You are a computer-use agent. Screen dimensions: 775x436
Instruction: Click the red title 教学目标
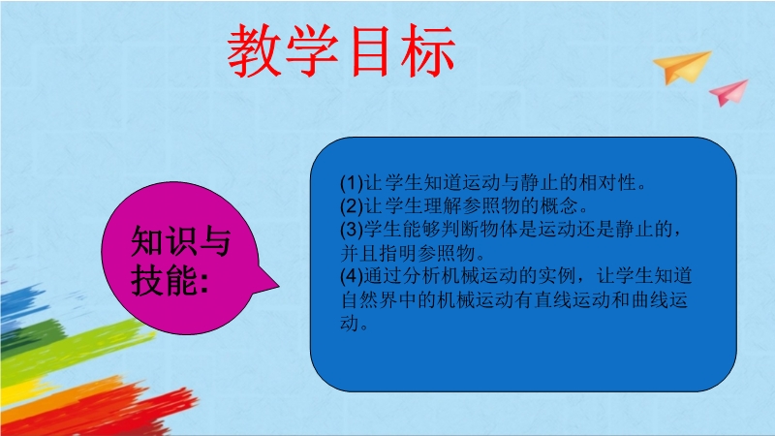point(341,50)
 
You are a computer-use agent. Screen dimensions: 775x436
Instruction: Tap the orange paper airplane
point(683,68)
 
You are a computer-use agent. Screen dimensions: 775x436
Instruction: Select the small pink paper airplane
point(729,92)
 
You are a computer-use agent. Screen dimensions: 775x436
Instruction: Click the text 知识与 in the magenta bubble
point(181,241)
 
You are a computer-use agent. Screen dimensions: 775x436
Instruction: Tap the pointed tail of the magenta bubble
point(278,285)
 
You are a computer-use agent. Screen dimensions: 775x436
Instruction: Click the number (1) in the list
point(352,183)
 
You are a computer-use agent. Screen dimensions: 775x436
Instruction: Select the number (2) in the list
point(352,205)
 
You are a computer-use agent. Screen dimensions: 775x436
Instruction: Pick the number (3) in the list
point(352,229)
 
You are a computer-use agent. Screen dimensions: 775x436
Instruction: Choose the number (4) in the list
point(352,275)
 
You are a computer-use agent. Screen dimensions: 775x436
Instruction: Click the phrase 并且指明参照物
point(408,253)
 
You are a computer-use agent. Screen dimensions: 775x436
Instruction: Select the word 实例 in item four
point(558,275)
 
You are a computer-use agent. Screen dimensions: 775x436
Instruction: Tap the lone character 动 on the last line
point(350,323)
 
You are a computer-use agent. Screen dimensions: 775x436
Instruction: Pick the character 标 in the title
point(428,50)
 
